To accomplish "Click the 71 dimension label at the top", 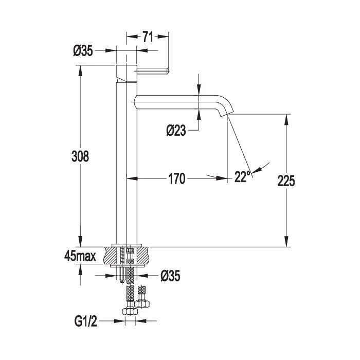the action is tap(148, 37).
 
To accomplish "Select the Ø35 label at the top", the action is tap(83, 50).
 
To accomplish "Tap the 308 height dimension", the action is tap(80, 156).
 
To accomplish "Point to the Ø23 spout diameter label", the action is tap(176, 131).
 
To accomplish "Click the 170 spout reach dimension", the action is tap(177, 178).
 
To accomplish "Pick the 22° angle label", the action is tap(242, 176).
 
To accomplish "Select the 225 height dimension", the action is tap(286, 181).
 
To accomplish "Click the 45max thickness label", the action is tap(80, 256).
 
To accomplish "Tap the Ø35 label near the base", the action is tap(170, 276).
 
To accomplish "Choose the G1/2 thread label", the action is tap(86, 321).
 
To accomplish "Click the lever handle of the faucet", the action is tap(153, 71).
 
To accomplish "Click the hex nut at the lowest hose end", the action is tap(130, 311).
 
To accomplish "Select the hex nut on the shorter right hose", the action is tap(142, 304).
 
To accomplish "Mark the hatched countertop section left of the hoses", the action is tap(112, 256).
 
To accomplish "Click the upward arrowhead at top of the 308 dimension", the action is tap(80, 71).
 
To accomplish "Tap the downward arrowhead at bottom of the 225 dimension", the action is tap(286, 242).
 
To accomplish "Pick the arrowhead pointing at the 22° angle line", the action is tap(257, 170).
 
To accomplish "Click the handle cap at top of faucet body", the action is tap(127, 73).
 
